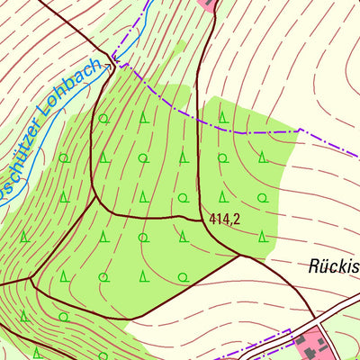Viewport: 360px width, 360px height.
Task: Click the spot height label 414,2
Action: [224, 219]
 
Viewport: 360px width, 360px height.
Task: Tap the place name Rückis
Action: [333, 265]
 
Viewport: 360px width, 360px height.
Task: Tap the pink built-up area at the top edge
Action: [209, 4]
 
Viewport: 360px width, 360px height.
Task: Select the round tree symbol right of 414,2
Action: [262, 198]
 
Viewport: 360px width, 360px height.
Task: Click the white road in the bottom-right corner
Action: [346, 310]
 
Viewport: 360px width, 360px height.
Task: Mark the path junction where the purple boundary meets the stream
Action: [112, 63]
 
